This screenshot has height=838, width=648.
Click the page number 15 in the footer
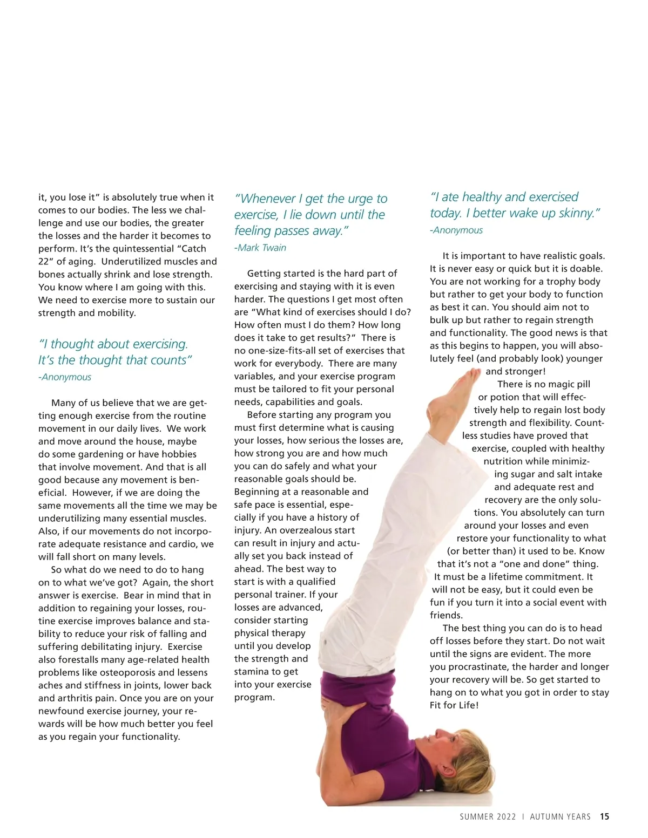click(x=604, y=817)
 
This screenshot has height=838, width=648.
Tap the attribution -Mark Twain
click(x=260, y=248)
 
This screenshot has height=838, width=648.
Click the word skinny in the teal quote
click(x=577, y=213)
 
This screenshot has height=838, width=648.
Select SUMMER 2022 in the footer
click(x=488, y=817)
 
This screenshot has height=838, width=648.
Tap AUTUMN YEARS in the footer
click(x=560, y=817)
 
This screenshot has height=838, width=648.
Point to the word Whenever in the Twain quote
click(x=264, y=199)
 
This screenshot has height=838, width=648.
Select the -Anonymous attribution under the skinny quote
click(x=456, y=230)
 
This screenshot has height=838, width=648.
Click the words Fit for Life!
click(x=454, y=705)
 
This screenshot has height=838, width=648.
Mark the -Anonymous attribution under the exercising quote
click(x=65, y=377)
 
